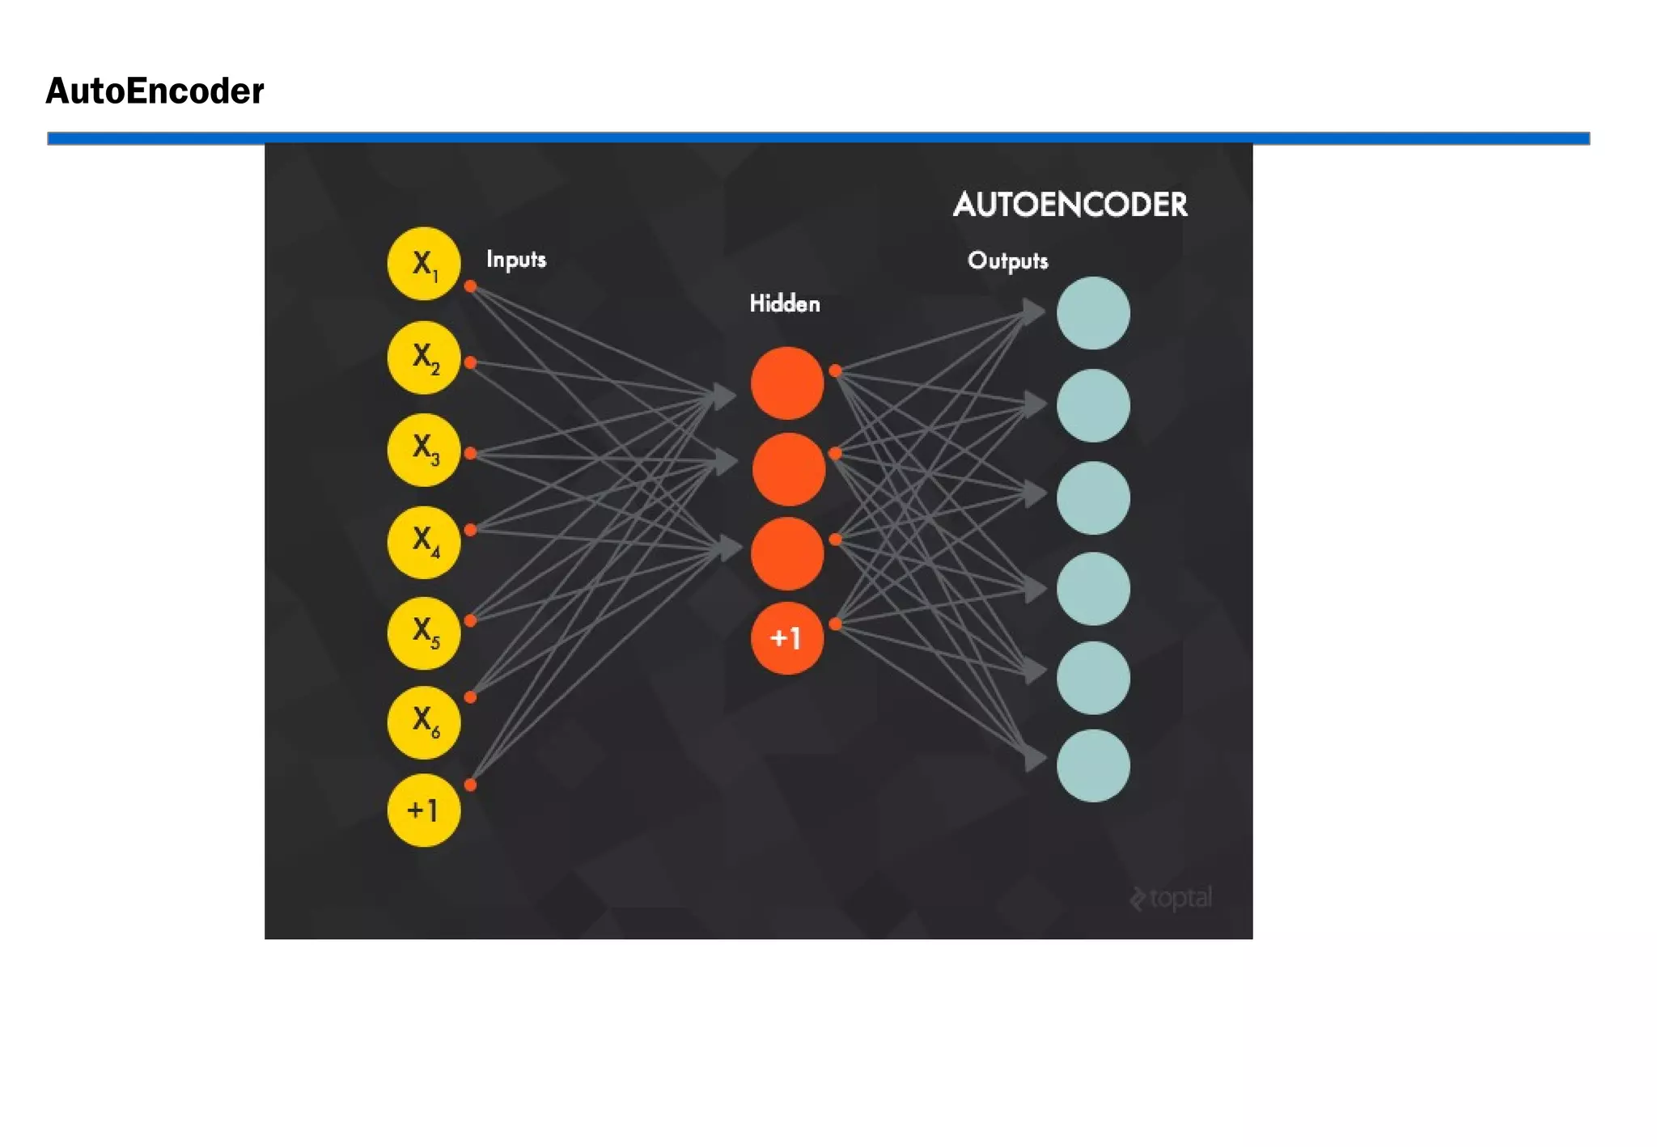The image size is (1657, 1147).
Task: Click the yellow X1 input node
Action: (x=423, y=264)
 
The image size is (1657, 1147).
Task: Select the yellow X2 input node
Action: (x=423, y=357)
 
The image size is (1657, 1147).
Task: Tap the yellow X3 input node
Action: (x=423, y=450)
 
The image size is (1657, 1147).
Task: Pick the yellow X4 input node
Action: (x=423, y=542)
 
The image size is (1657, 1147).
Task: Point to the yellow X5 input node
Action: (x=423, y=633)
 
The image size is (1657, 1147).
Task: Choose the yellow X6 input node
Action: (x=423, y=722)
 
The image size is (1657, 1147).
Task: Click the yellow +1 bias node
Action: (x=423, y=810)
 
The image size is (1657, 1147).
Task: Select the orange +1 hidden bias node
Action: (x=786, y=638)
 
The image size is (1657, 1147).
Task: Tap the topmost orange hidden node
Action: (x=786, y=383)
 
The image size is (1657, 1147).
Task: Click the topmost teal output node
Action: (x=1093, y=313)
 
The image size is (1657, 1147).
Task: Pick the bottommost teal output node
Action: (x=1093, y=765)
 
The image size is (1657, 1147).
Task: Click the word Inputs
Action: (x=516, y=260)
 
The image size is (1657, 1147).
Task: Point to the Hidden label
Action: (x=784, y=304)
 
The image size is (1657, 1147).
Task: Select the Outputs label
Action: (x=1007, y=260)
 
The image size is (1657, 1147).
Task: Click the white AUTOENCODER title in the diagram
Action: (x=1070, y=205)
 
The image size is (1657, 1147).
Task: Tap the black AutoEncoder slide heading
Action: (x=155, y=91)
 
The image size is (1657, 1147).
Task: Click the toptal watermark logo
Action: (x=1171, y=898)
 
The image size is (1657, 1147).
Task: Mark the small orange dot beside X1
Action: (x=470, y=286)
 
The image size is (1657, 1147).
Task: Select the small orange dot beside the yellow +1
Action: (x=470, y=785)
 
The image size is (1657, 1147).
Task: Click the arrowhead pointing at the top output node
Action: (x=1033, y=311)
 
